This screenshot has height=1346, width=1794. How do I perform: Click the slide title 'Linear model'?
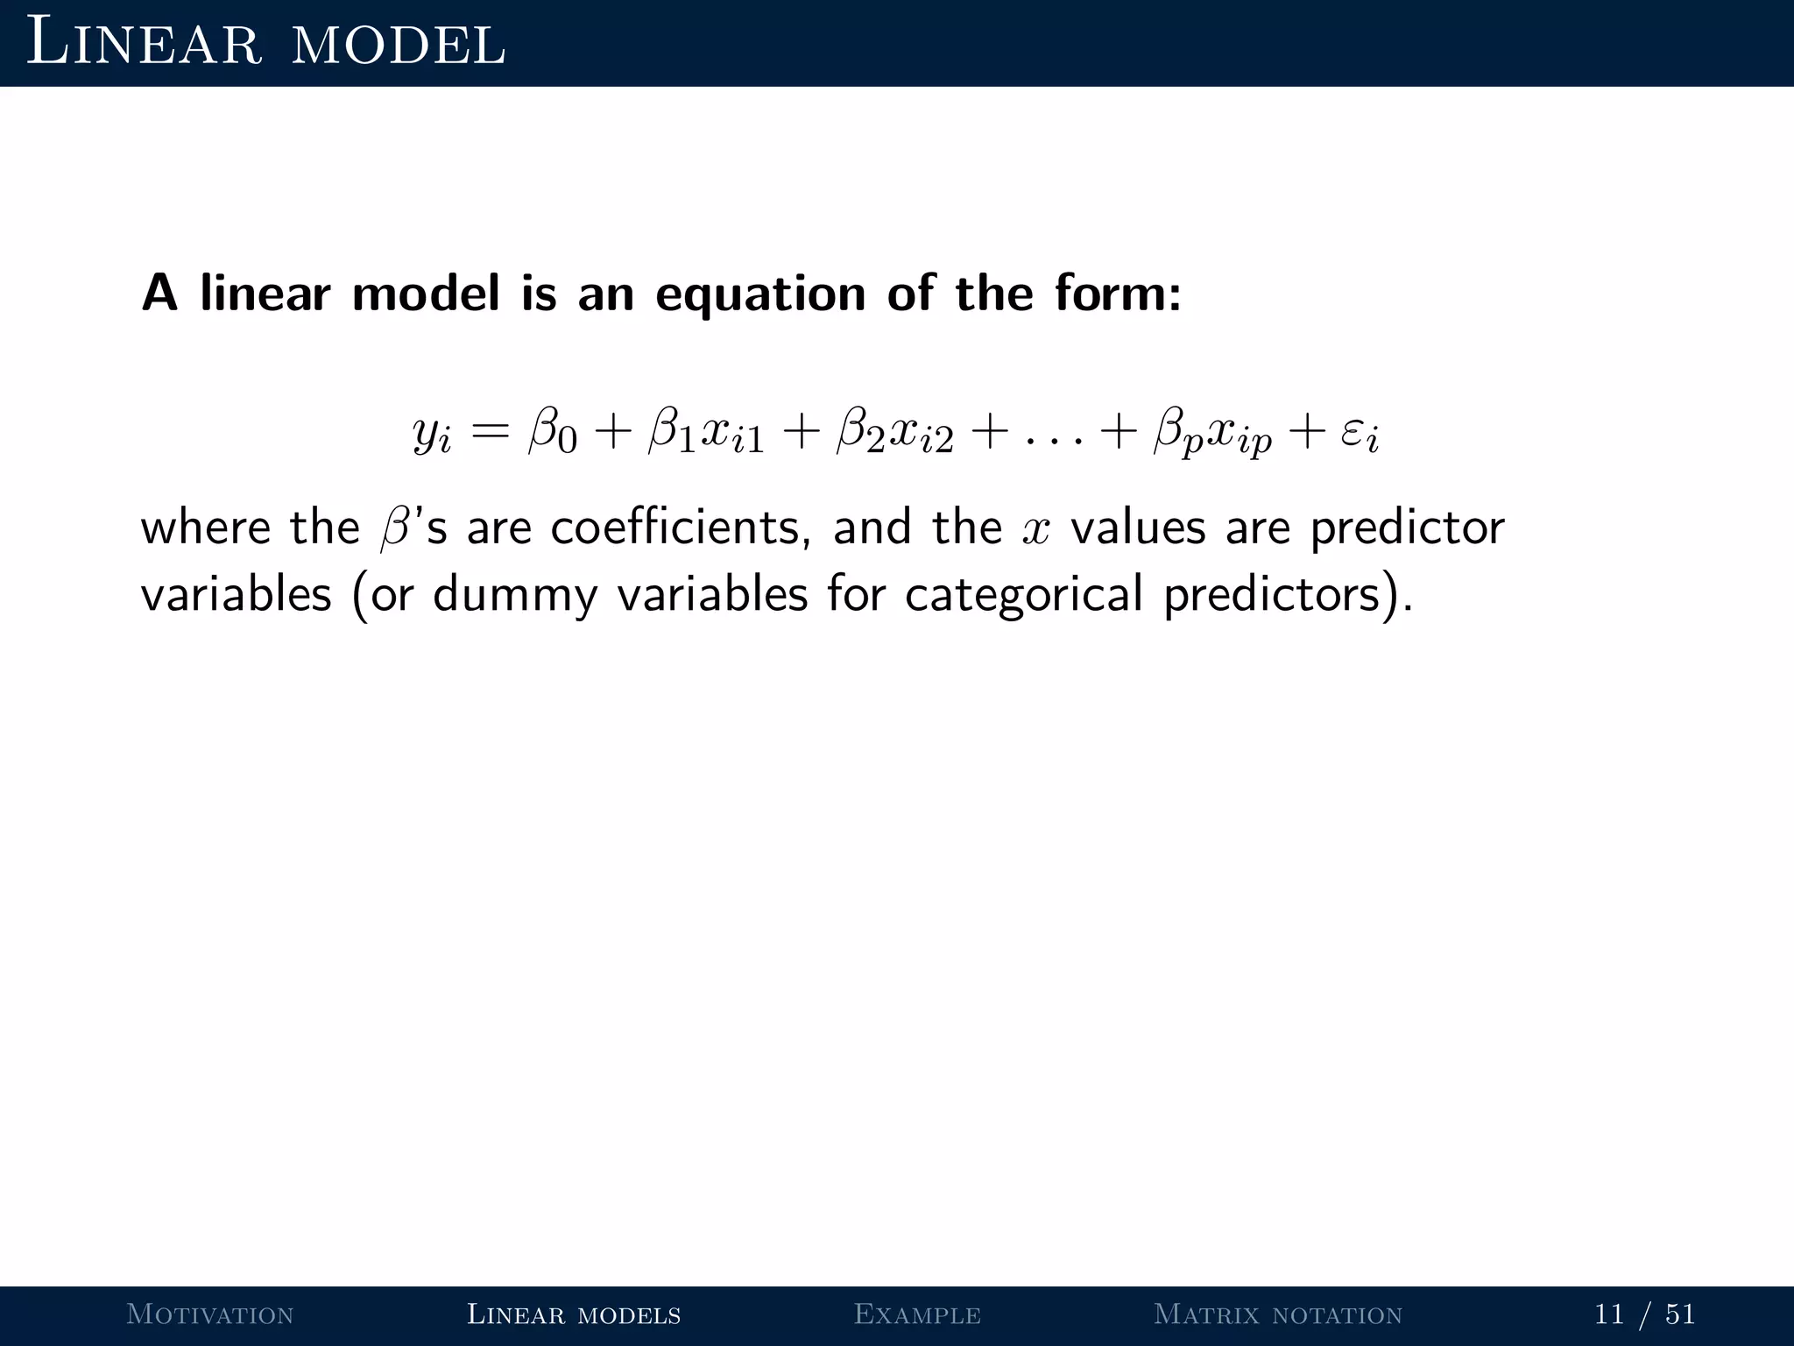(x=265, y=44)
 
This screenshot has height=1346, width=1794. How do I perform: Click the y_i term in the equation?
(x=432, y=433)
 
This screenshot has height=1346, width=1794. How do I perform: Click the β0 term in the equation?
(x=553, y=433)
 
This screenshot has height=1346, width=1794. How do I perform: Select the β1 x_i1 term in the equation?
(x=706, y=433)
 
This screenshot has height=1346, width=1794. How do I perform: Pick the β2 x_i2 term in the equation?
(x=894, y=433)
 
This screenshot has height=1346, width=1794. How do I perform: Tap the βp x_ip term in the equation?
(x=1212, y=433)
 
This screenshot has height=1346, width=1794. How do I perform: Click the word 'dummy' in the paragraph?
(x=515, y=595)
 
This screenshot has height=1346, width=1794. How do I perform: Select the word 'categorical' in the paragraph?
(x=1023, y=595)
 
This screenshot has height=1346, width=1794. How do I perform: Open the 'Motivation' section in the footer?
(x=210, y=1314)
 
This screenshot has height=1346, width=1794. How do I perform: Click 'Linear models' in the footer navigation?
(x=574, y=1314)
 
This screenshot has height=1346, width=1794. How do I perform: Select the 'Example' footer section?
(x=917, y=1314)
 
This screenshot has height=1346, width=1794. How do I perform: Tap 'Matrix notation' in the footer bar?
(x=1278, y=1314)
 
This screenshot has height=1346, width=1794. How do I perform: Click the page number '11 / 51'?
(x=1644, y=1314)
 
